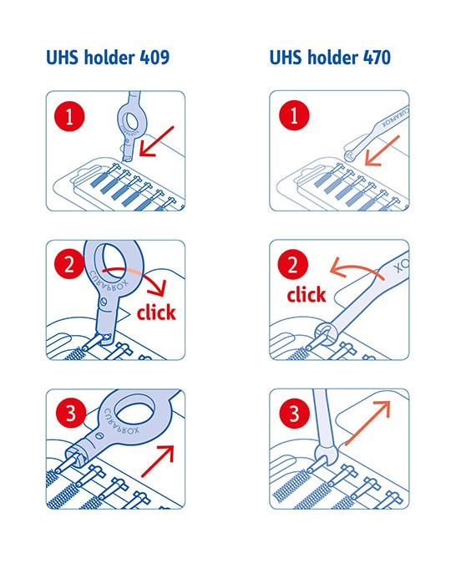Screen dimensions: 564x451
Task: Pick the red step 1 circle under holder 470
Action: [x=294, y=117]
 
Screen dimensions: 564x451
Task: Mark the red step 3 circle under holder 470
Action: [x=294, y=414]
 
